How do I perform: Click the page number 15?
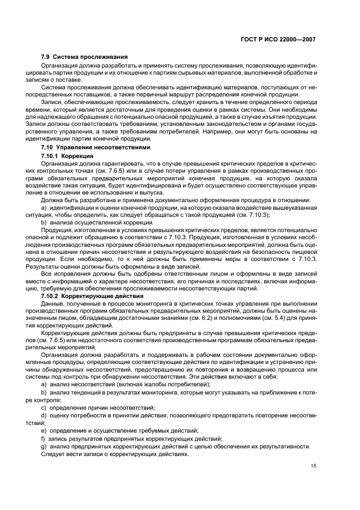click(314, 465)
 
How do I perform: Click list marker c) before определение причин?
click(44, 407)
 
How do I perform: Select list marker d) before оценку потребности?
click(44, 415)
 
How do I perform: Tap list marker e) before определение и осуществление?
click(44, 430)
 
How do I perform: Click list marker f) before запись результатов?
click(43, 438)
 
